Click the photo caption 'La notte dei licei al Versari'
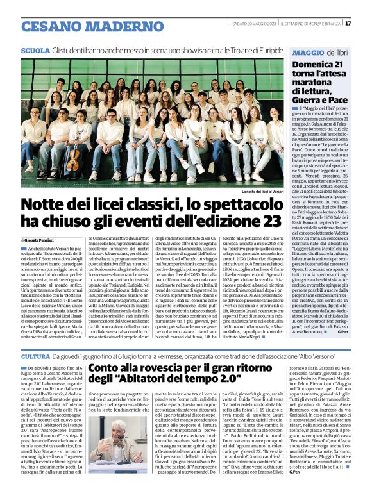[x=262, y=192]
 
